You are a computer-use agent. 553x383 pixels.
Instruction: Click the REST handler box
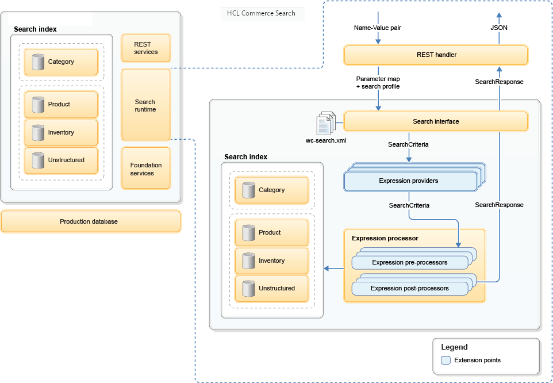(x=435, y=55)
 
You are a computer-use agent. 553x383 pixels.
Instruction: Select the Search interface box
(x=435, y=121)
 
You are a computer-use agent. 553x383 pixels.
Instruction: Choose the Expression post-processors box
(x=409, y=288)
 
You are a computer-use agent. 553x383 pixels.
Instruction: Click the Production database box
(x=91, y=221)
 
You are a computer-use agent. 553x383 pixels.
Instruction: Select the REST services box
(x=146, y=48)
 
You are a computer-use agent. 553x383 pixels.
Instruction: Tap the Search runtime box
(x=146, y=105)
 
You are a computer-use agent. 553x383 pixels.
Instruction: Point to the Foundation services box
(x=146, y=168)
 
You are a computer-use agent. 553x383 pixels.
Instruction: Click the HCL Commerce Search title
(x=262, y=13)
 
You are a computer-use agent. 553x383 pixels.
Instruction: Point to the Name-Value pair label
(x=378, y=28)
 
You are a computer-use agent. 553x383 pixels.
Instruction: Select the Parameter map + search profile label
(x=378, y=82)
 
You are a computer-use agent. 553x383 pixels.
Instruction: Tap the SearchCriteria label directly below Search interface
(x=408, y=144)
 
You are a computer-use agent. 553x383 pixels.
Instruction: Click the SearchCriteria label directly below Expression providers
(x=409, y=205)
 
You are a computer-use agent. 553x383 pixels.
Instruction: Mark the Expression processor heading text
(x=385, y=238)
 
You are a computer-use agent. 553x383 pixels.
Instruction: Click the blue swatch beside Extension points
(x=446, y=361)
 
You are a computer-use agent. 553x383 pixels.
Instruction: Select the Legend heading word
(x=454, y=347)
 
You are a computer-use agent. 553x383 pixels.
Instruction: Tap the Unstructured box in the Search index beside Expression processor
(x=272, y=289)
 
